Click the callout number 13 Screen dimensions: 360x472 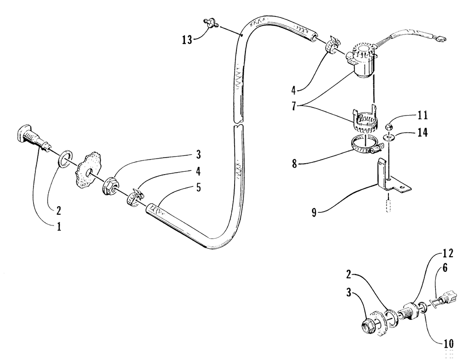tap(187, 39)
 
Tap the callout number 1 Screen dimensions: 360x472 tap(59, 226)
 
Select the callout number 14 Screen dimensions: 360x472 tap(422, 133)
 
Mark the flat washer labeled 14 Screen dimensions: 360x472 tap(388, 138)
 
